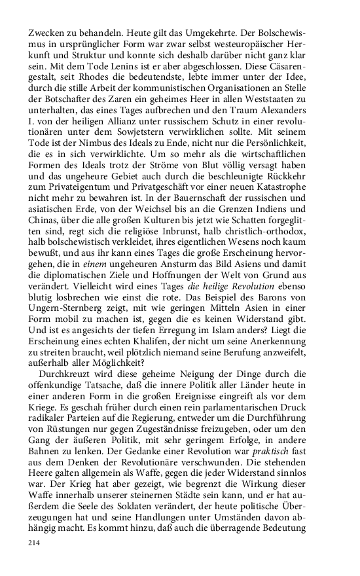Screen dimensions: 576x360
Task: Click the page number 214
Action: point(35,543)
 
